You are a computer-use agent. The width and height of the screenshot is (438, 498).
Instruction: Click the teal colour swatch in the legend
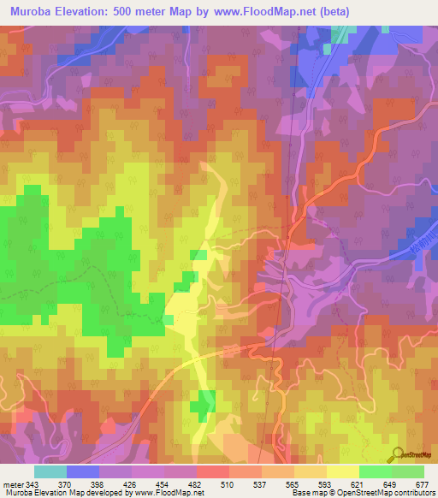point(50,472)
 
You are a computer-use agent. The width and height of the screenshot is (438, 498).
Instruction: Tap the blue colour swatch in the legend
point(83,472)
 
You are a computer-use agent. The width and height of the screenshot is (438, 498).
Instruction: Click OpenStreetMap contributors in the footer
point(390,492)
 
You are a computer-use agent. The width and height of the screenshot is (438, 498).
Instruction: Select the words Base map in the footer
point(306,492)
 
